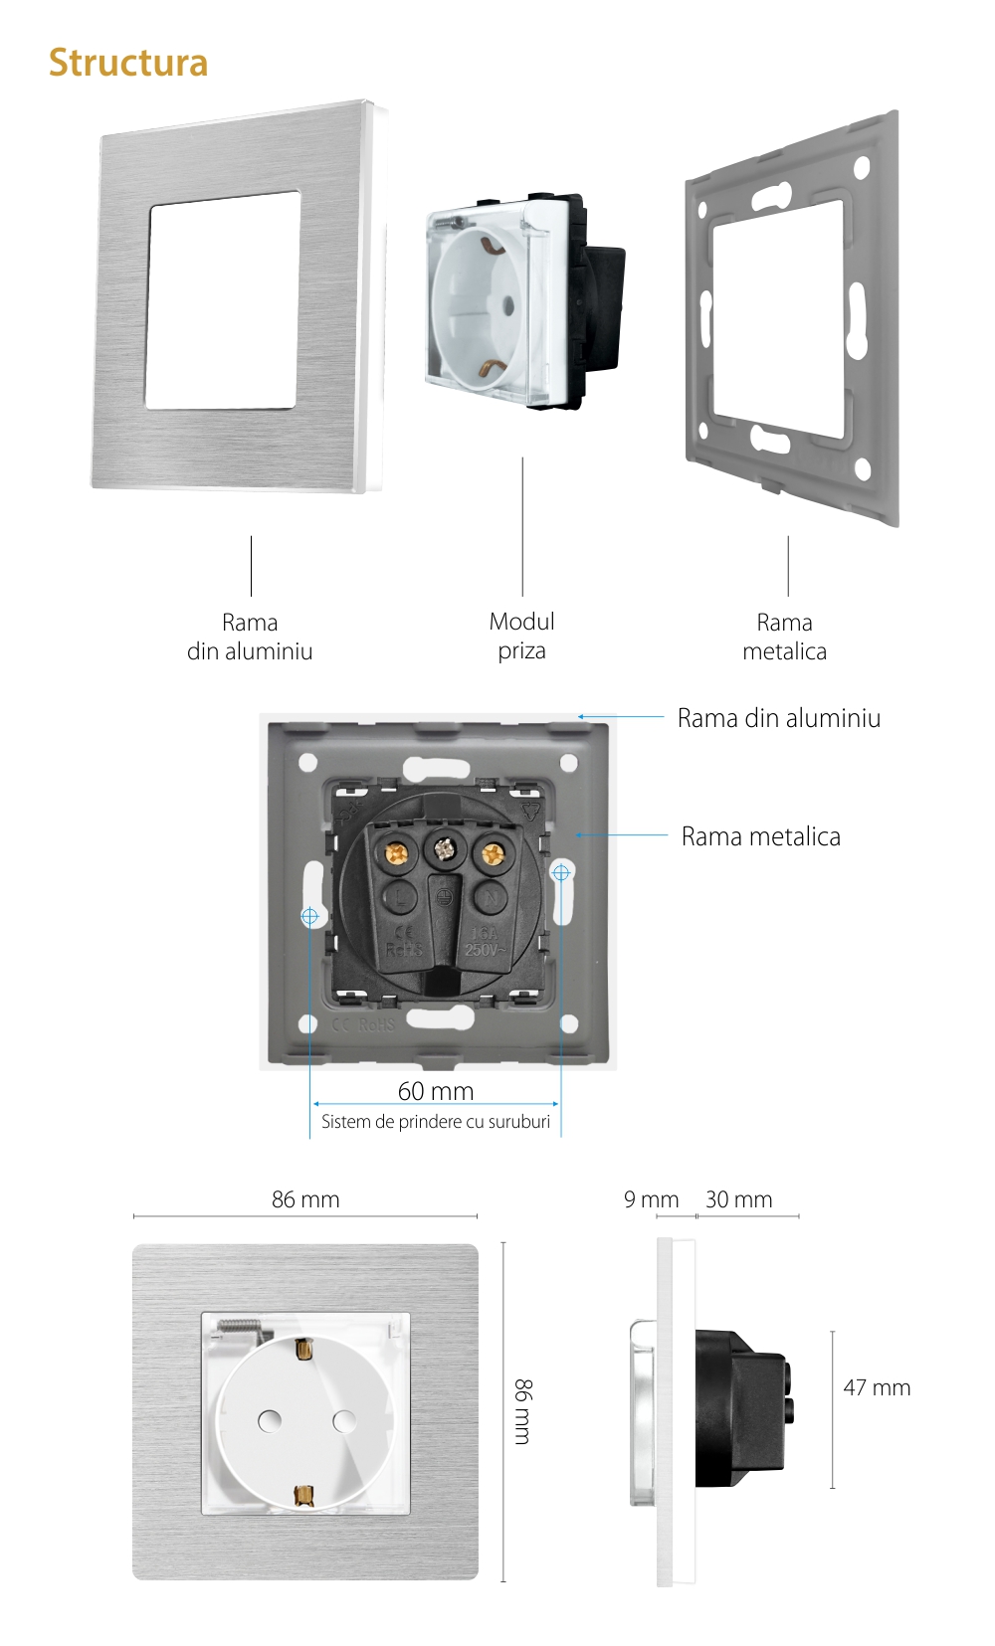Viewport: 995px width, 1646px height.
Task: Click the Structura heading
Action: (128, 63)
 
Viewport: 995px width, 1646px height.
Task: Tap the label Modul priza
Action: (522, 637)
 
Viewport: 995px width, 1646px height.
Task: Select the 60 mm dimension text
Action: (436, 1091)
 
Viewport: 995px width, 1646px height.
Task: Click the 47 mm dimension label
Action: (877, 1387)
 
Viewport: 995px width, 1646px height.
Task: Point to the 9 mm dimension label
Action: (651, 1199)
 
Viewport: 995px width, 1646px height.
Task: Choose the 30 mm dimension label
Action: (738, 1199)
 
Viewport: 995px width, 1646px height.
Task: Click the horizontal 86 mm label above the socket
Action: (305, 1199)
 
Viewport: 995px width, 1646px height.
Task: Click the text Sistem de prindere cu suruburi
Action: (436, 1122)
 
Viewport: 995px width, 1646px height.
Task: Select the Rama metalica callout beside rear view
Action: (760, 836)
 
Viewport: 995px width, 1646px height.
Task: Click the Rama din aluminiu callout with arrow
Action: (778, 718)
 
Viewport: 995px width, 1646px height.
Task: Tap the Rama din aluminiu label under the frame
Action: (250, 637)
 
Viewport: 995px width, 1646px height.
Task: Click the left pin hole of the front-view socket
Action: (269, 1421)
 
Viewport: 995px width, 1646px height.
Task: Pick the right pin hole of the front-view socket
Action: (344, 1421)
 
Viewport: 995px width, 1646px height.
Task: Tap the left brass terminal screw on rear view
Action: (397, 853)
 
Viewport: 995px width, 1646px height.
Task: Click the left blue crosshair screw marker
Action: (309, 916)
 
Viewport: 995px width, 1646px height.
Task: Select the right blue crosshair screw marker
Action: (561, 872)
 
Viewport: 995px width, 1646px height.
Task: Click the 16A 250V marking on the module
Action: (484, 942)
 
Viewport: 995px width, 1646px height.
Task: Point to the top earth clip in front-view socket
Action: (303, 1351)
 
